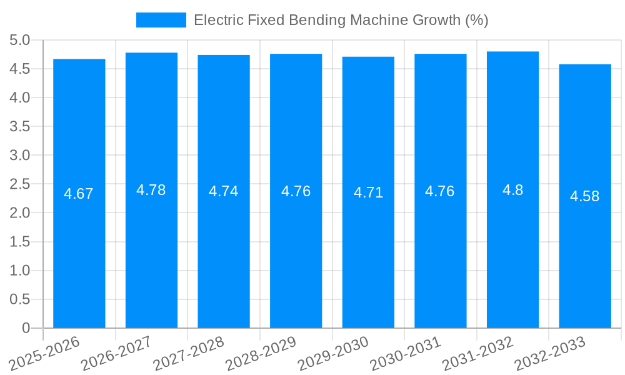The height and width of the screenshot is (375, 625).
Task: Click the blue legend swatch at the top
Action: coord(161,20)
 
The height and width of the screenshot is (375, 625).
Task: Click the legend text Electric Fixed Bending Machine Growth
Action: coord(341,20)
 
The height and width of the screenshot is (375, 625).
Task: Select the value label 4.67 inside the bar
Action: coord(79,194)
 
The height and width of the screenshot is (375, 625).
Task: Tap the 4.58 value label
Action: coord(584,196)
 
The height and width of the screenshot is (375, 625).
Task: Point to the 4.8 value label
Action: coord(512,190)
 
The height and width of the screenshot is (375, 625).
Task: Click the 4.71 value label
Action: coord(368,192)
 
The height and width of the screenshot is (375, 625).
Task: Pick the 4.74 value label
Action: coord(224,191)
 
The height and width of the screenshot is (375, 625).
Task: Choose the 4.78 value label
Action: coord(151,190)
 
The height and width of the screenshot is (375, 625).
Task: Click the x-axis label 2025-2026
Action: coord(45,353)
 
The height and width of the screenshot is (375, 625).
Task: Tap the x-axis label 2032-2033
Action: coord(550,353)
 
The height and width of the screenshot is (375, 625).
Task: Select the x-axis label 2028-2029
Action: coord(261,353)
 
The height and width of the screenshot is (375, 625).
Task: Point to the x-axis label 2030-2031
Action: coord(406,353)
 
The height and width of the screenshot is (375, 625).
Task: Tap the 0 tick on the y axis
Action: coord(26,327)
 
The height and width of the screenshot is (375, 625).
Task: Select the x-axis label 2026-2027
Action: coord(117,353)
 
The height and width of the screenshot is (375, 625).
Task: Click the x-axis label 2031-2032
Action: coord(478,353)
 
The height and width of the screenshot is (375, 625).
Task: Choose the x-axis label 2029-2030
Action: coord(334,353)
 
